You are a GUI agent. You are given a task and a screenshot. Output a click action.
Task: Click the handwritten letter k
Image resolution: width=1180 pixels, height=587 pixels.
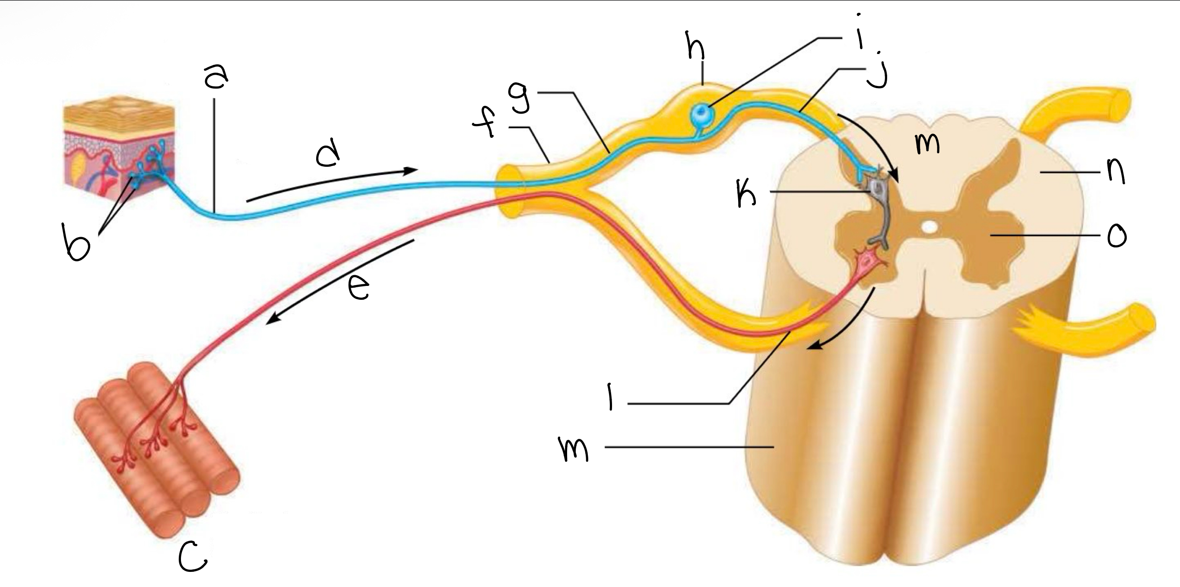coord(747,194)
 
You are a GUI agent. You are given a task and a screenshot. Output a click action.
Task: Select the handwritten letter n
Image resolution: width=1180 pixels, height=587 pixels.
coord(1117,171)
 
